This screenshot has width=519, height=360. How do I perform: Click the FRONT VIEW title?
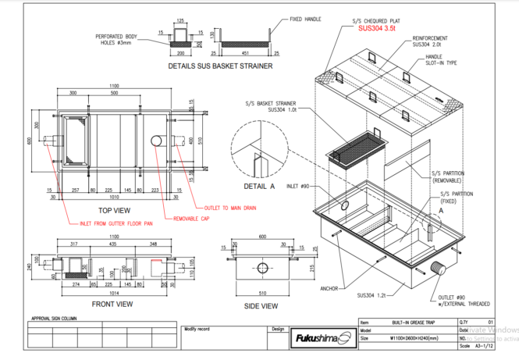(x=112, y=304)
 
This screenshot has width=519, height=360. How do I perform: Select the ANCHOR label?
(x=329, y=288)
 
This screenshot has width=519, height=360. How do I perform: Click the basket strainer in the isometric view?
(x=355, y=148)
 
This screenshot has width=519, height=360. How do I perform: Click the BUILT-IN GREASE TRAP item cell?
(x=412, y=322)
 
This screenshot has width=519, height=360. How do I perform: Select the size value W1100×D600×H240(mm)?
(x=414, y=338)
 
